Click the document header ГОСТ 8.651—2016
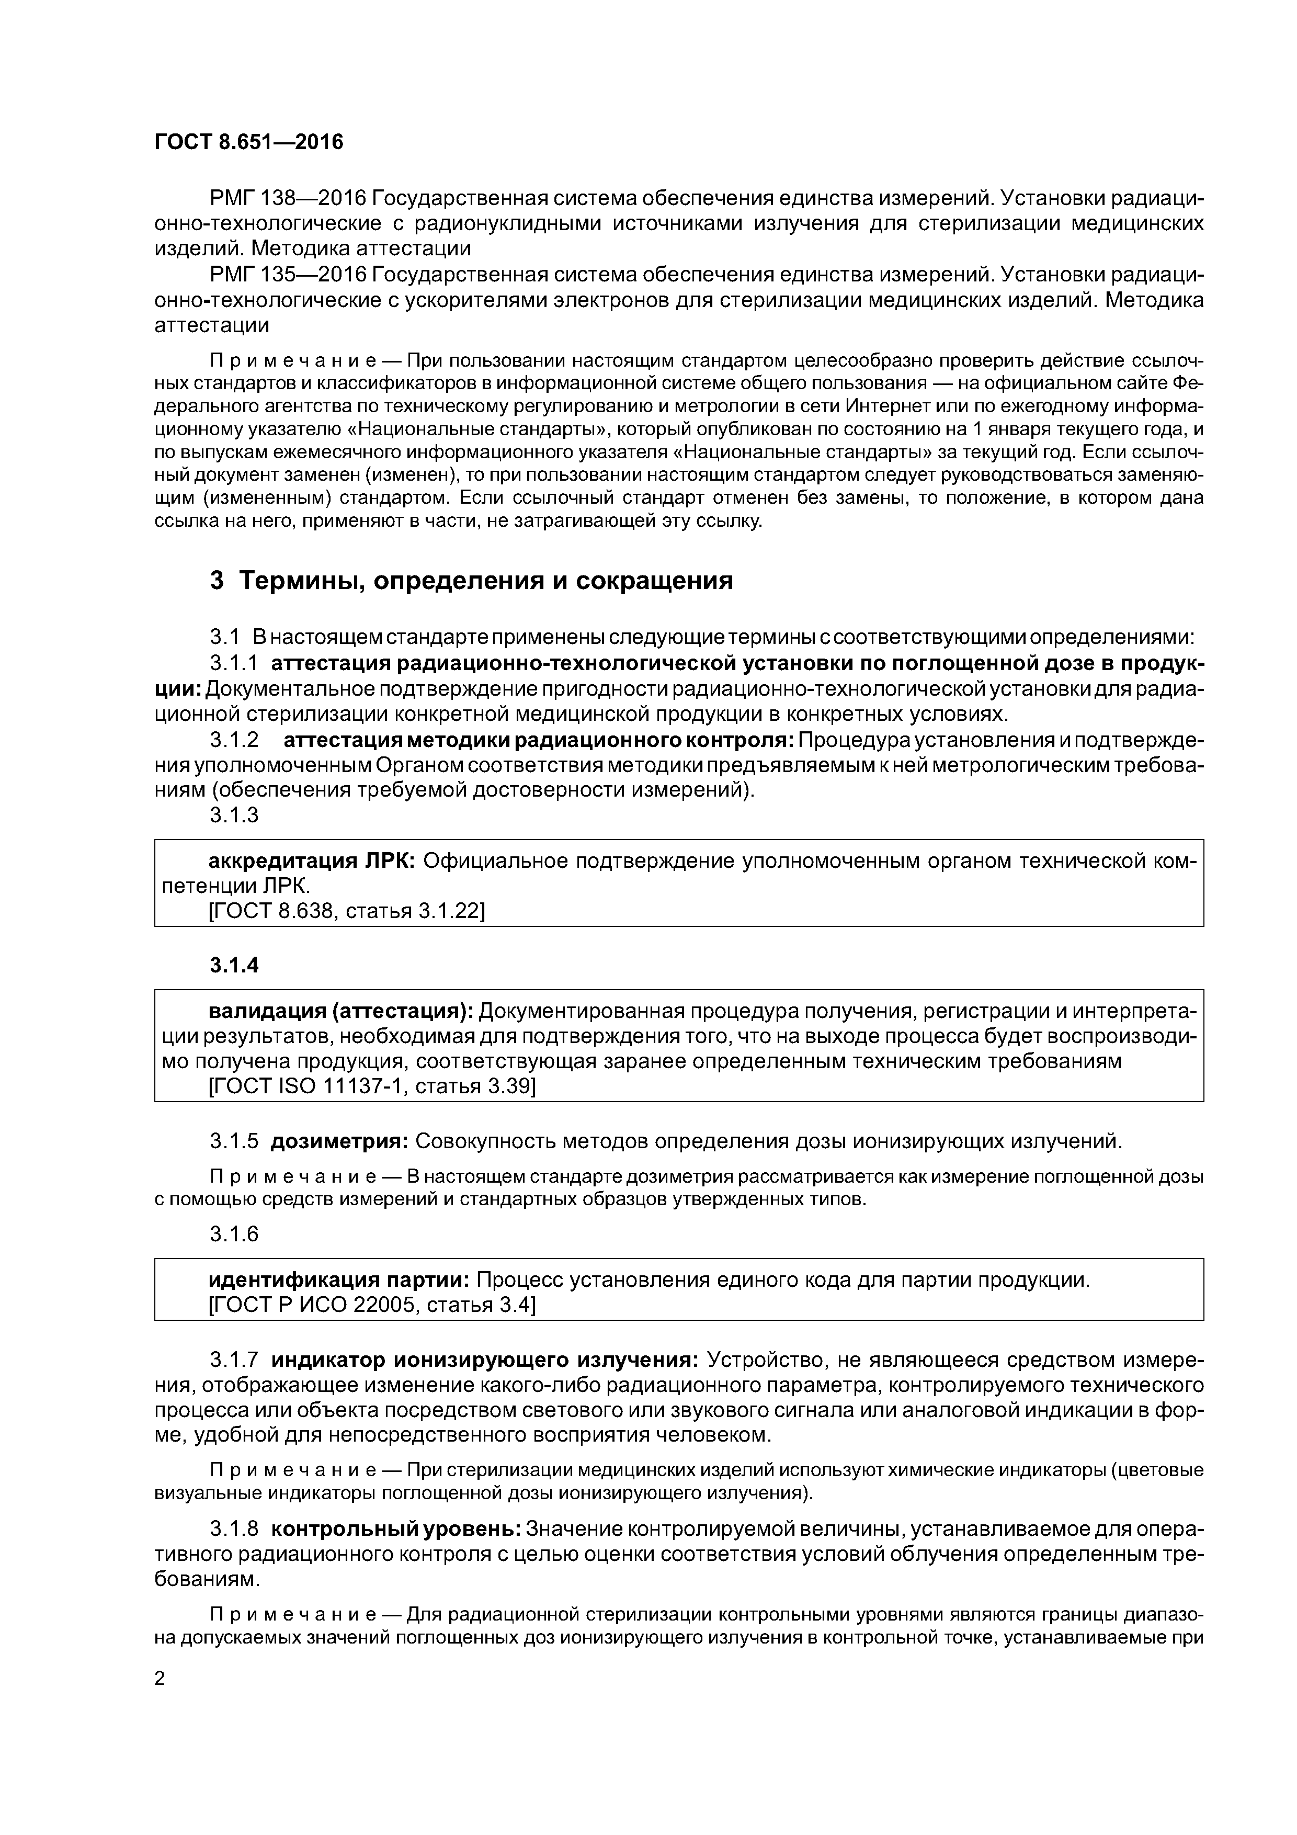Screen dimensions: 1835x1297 [248, 142]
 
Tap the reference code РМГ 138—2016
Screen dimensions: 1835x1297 [289, 197]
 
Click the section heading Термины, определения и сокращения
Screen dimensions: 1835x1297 [486, 580]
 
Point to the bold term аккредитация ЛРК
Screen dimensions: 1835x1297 [311, 861]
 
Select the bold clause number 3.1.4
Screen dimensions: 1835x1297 [234, 966]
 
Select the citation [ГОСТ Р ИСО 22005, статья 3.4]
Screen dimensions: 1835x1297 [372, 1305]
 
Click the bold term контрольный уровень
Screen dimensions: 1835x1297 [397, 1529]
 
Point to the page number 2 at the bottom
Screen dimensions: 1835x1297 [160, 1679]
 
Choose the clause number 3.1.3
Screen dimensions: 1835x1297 [234, 815]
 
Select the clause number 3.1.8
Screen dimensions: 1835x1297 [234, 1529]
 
